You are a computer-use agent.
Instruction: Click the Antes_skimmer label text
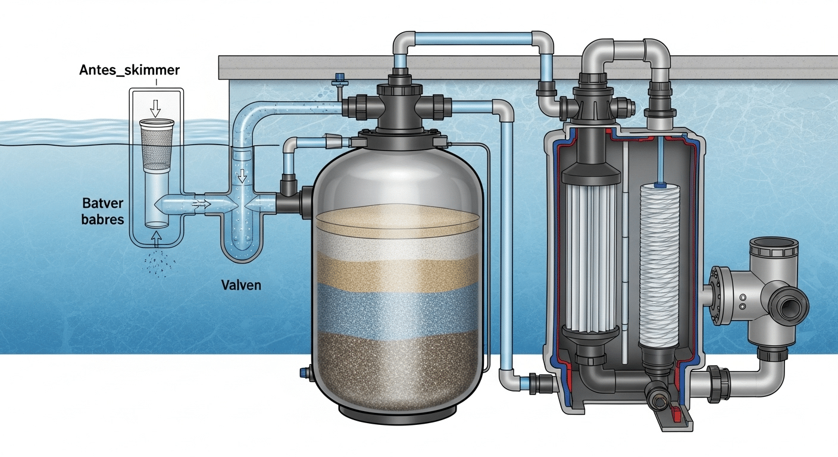pyautogui.click(x=129, y=71)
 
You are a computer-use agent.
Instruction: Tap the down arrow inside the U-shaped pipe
pyautogui.click(x=242, y=176)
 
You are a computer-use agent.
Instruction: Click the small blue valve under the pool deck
pyautogui.click(x=340, y=79)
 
